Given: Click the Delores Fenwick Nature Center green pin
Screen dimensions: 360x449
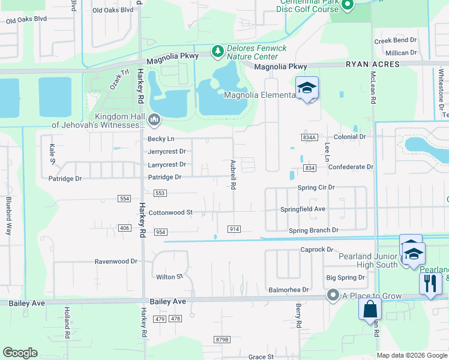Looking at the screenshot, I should (x=217, y=51).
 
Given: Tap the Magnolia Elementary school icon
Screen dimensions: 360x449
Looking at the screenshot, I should (x=307, y=89).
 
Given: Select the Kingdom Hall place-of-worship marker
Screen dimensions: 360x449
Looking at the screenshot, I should (x=154, y=120).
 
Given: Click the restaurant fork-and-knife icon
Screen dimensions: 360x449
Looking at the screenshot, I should (x=430, y=283).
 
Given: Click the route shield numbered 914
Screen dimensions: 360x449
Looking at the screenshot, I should (x=234, y=229).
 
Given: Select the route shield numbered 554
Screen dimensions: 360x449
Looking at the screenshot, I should (x=125, y=198).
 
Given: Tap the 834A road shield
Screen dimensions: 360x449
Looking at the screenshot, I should (x=310, y=137).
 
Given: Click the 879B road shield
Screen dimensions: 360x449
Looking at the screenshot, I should (x=222, y=340).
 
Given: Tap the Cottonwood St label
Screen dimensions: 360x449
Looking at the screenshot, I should (x=170, y=212).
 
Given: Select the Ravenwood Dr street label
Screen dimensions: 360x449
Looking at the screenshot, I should (x=116, y=262).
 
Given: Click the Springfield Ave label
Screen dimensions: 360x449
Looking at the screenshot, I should (x=303, y=209).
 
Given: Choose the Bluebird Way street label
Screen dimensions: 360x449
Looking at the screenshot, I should (x=10, y=207).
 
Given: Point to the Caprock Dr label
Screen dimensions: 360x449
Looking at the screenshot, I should (x=317, y=249).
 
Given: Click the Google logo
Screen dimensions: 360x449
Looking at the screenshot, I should (x=20, y=353).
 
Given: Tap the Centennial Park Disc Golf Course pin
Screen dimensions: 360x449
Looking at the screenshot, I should (x=346, y=5).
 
